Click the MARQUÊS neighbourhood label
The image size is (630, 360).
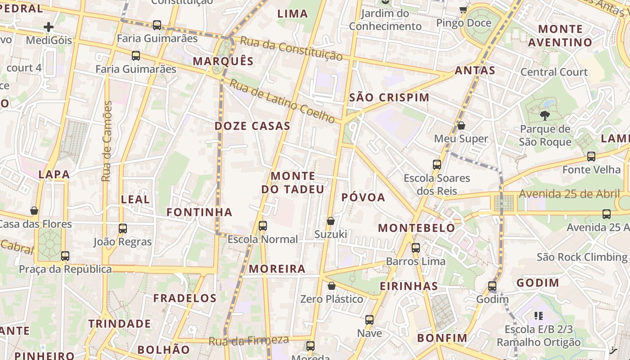pyautogui.click(x=223, y=61)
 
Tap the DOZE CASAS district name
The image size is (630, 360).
pyautogui.click(x=252, y=126)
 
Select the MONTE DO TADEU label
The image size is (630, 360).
pyautogui.click(x=292, y=182)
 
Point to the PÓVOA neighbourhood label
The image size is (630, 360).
pyautogui.click(x=363, y=198)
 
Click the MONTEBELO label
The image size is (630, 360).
pyautogui.click(x=416, y=228)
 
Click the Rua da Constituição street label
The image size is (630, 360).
pyautogui.click(x=291, y=49)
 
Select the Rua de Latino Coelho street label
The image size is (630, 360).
pyautogui.click(x=282, y=101)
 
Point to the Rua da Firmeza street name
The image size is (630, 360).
pyautogui.click(x=248, y=341)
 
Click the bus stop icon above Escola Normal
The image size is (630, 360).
pyautogui.click(x=263, y=225)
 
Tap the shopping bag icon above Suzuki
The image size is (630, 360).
pyautogui.click(x=331, y=221)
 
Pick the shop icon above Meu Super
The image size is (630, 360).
pyautogui.click(x=461, y=126)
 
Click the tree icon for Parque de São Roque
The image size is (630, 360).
pyautogui.click(x=545, y=116)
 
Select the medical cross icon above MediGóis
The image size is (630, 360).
pyautogui.click(x=49, y=27)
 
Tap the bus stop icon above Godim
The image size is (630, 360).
pyautogui.click(x=492, y=286)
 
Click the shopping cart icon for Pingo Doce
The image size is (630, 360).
pyautogui.click(x=463, y=9)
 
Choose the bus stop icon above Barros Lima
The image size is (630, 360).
pyautogui.click(x=416, y=248)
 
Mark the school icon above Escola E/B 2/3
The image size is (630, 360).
pyautogui.click(x=538, y=316)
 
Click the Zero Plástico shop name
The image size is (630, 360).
pyautogui.click(x=332, y=299)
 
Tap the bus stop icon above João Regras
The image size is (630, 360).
pyautogui.click(x=123, y=229)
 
